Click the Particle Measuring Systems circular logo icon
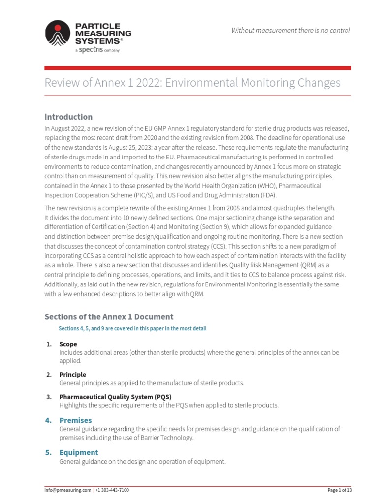(58, 32)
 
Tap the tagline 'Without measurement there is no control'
(291, 31)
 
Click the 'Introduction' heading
(68, 117)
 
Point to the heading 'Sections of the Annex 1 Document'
(109, 316)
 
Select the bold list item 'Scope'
(68, 344)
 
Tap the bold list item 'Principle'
(72, 375)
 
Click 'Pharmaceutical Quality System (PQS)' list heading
(115, 397)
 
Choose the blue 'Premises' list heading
(75, 420)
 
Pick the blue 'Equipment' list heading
(79, 452)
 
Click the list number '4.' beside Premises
(48, 420)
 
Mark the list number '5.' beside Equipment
(48, 452)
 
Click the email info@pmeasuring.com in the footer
(68, 490)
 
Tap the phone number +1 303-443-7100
(112, 490)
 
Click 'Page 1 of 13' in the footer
(340, 490)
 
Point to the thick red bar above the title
(198, 68)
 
